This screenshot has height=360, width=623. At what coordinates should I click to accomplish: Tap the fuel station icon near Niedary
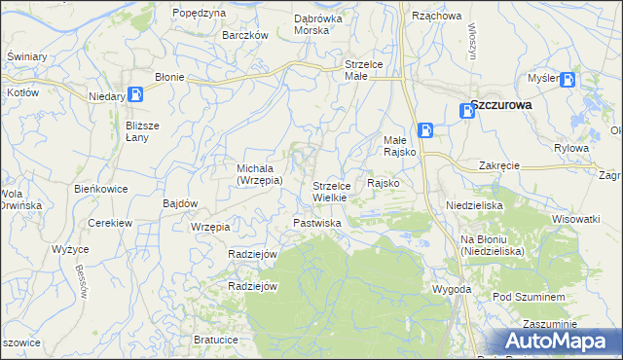click(136, 94)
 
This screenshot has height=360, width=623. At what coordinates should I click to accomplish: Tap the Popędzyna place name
click(198, 13)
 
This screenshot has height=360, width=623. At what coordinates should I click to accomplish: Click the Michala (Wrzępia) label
click(260, 173)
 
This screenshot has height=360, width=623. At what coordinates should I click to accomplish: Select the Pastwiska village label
click(317, 223)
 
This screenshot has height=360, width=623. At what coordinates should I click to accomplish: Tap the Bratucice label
click(215, 340)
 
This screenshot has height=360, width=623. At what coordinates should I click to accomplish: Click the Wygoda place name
click(452, 289)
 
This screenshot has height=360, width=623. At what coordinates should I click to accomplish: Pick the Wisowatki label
click(574, 219)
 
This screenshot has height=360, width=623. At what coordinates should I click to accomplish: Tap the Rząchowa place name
click(436, 16)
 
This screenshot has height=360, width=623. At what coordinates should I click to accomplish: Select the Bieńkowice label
click(101, 188)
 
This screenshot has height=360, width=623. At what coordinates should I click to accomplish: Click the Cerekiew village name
click(109, 223)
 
